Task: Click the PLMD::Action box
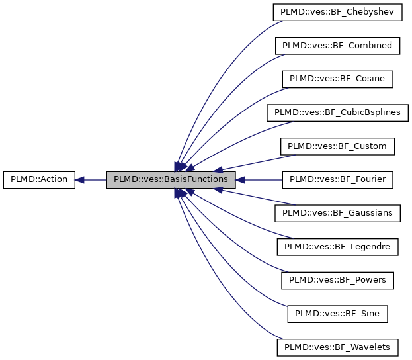[x=39, y=179]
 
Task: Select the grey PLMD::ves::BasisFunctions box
[x=171, y=179]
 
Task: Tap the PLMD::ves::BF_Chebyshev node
[x=337, y=13]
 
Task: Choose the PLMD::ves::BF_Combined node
[x=337, y=46]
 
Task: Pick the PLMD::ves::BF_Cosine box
[x=337, y=79]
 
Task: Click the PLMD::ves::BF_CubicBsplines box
[x=337, y=112]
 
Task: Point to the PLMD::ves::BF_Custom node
[x=337, y=146]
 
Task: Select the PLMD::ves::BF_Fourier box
[x=337, y=179]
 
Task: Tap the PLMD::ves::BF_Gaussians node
[x=337, y=213]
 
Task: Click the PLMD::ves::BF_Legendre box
[x=337, y=246]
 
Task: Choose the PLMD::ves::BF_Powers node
[x=337, y=280]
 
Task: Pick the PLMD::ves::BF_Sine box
[x=337, y=313]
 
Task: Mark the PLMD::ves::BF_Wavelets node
[x=337, y=347]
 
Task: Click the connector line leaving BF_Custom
[x=258, y=161]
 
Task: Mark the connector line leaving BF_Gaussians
[x=258, y=197]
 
